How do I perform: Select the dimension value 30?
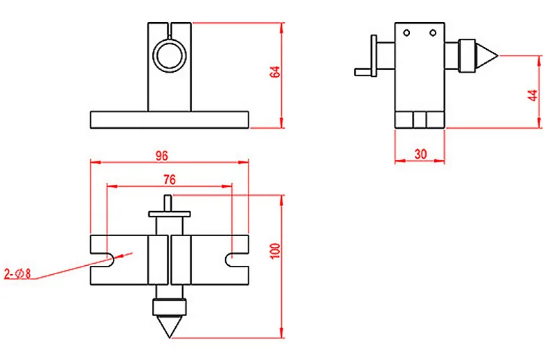click(x=420, y=154)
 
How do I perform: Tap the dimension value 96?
click(x=162, y=156)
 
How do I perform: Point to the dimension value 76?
click(x=169, y=179)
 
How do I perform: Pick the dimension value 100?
click(x=276, y=251)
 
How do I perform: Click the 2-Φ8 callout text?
click(x=18, y=273)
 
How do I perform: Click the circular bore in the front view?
click(x=170, y=55)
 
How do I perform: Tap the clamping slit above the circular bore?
click(x=170, y=30)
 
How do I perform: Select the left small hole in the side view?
click(x=407, y=33)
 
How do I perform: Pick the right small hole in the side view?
click(x=433, y=33)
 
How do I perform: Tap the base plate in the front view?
click(x=169, y=120)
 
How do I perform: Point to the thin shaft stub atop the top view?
click(x=170, y=203)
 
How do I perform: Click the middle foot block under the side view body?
click(x=420, y=120)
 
